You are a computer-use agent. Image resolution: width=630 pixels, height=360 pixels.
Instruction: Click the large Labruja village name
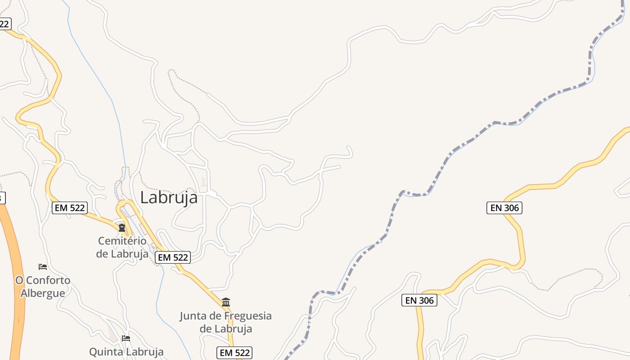tap(169, 198)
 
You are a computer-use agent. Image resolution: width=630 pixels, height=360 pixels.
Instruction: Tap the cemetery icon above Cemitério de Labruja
tap(121, 227)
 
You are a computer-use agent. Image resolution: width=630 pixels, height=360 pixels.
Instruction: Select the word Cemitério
tap(122, 241)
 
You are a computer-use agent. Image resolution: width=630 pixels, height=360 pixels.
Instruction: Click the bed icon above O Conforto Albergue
tap(43, 267)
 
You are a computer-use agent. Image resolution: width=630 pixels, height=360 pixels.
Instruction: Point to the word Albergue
tap(43, 293)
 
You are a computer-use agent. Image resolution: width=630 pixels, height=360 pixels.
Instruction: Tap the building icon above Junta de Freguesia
tap(226, 302)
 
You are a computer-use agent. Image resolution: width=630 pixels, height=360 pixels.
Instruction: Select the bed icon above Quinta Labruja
tap(126, 338)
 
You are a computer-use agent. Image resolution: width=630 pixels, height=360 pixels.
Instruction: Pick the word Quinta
tap(106, 351)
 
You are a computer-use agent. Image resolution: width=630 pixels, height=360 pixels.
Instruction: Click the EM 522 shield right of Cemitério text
tap(173, 257)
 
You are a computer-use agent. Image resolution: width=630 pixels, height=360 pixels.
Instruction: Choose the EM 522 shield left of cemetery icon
tap(69, 208)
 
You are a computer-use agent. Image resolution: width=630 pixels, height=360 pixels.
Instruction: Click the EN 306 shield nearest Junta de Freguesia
tap(419, 300)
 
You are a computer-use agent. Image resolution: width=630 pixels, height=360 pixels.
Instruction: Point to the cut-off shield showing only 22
tap(4, 24)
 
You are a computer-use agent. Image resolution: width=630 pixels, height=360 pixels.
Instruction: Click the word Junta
tap(193, 316)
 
